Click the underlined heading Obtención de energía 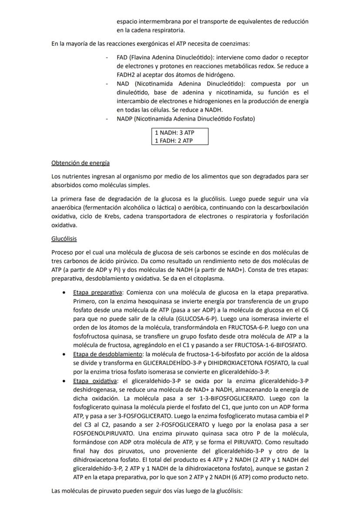pyautogui.click(x=80, y=163)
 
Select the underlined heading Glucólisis pyautogui.click(x=64, y=239)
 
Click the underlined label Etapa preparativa pyautogui.click(x=98, y=292)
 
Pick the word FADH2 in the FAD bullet pyautogui.click(x=127, y=75)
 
